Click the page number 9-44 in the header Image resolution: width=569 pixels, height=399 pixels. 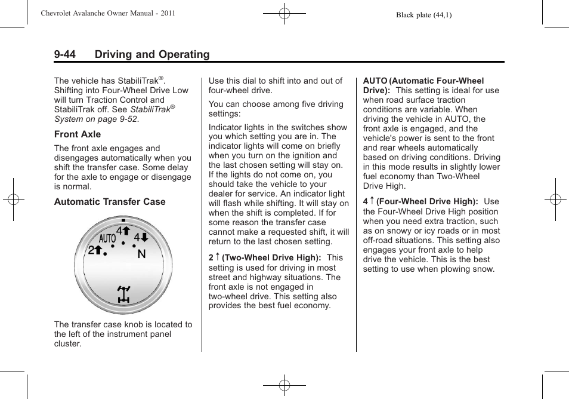point(64,54)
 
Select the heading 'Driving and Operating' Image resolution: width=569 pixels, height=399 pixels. point(151,54)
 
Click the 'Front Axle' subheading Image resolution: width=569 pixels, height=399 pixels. point(78,134)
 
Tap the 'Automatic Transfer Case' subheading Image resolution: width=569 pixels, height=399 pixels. point(110,202)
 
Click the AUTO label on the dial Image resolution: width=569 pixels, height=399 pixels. point(107,239)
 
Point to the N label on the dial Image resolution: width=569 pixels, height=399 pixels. point(141,254)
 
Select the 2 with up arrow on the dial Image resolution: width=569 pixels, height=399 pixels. point(95,251)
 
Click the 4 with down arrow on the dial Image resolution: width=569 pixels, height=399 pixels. point(141,238)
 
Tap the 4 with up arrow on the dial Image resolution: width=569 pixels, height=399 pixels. point(123,231)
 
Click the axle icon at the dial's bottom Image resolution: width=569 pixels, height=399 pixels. point(123,294)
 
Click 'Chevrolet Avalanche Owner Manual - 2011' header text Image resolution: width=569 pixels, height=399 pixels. point(108,13)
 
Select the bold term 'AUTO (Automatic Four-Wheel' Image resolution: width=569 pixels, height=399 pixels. point(423,81)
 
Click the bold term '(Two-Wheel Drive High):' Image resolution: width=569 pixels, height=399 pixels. point(271,258)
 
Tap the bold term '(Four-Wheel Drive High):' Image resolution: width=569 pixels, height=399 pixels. point(427,202)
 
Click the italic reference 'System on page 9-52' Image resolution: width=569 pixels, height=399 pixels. point(95,119)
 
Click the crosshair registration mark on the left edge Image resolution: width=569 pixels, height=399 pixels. point(13,199)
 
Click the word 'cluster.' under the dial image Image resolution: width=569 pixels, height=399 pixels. point(67,343)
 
